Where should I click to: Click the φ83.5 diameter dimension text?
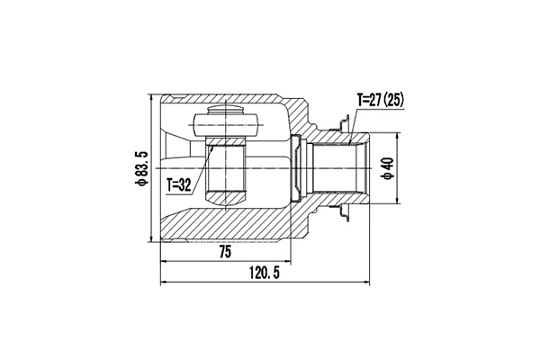(136, 168)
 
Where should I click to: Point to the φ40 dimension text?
(388, 168)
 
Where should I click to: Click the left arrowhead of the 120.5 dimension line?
(163, 283)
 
